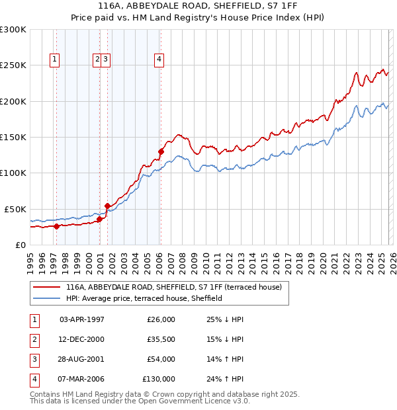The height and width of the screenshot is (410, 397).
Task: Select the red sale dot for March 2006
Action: (x=161, y=151)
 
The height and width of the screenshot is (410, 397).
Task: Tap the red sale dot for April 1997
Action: (x=56, y=226)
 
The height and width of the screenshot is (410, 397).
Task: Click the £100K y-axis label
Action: (x=13, y=173)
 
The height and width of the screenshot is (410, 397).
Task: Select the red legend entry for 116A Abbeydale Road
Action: (x=173, y=287)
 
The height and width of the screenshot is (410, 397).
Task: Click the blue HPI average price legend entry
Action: (x=144, y=298)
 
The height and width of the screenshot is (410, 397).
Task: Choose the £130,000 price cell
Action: (x=159, y=379)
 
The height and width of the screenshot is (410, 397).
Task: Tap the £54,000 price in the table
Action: (x=161, y=359)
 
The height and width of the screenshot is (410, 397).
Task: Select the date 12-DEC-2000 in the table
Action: (x=81, y=339)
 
